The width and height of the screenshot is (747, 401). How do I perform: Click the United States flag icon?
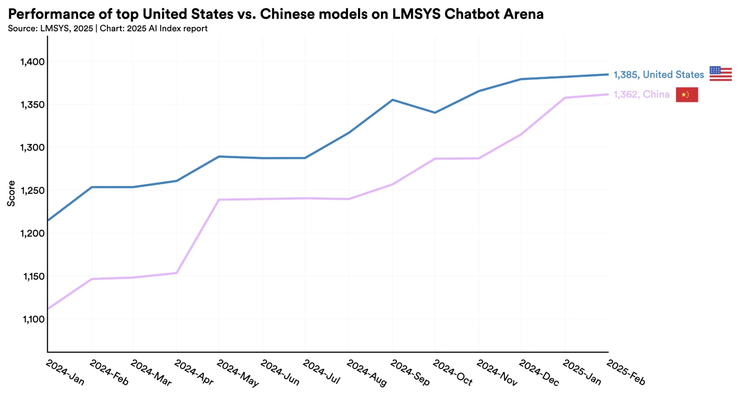pyautogui.click(x=720, y=74)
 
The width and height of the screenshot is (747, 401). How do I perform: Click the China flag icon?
pyautogui.click(x=687, y=95)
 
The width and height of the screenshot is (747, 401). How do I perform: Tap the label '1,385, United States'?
pyautogui.click(x=658, y=75)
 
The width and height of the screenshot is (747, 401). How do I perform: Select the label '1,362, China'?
pyautogui.click(x=641, y=95)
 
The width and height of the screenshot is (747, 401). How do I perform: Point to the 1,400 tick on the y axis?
pyautogui.click(x=33, y=62)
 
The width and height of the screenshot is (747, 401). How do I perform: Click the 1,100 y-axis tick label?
pyautogui.click(x=34, y=319)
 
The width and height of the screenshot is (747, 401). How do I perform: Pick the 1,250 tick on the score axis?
pyautogui.click(x=33, y=191)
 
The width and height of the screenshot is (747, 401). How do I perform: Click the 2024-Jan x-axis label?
pyautogui.click(x=65, y=372)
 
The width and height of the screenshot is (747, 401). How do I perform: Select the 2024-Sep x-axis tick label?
pyautogui.click(x=410, y=373)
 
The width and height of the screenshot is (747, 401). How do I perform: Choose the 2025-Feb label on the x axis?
pyautogui.click(x=626, y=372)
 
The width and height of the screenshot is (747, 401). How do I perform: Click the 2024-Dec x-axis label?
pyautogui.click(x=539, y=373)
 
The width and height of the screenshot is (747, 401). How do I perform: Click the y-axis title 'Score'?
pyautogui.click(x=11, y=193)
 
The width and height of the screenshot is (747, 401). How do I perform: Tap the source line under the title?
pyautogui.click(x=107, y=29)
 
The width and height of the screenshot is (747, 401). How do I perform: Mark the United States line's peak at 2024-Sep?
pyautogui.click(x=393, y=100)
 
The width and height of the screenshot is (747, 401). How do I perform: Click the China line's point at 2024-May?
pyautogui.click(x=219, y=200)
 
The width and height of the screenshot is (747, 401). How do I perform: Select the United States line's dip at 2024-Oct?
pyautogui.click(x=435, y=113)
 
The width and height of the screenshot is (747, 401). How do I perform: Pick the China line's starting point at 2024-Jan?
pyautogui.click(x=48, y=308)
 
